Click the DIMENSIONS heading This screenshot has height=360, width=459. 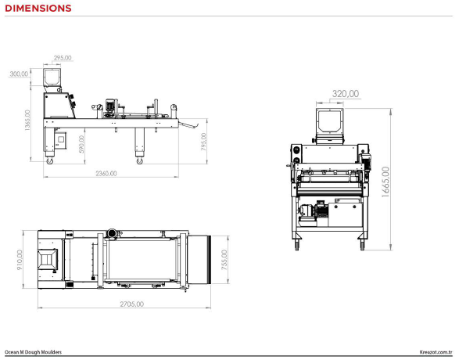point(38,8)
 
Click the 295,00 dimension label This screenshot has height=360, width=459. point(63,58)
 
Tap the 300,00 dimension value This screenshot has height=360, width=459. point(19,74)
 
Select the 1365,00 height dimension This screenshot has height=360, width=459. point(27,120)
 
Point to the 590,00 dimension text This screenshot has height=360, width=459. point(81,144)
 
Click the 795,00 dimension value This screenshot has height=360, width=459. point(203,142)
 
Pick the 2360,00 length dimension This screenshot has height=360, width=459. point(106,174)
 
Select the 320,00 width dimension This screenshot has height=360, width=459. point(346,94)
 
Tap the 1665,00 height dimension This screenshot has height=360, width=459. point(385,182)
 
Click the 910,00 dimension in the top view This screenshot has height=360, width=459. point(20,260)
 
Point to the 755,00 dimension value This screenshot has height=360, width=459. point(224,260)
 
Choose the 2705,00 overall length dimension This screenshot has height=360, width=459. point(131,304)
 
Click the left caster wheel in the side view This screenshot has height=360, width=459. point(50,160)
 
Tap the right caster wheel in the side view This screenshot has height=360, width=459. point(140,160)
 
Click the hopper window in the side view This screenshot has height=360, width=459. point(52,77)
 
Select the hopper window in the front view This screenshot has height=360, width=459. point(330,121)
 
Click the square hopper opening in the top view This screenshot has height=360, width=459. point(47,259)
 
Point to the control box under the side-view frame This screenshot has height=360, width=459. point(60,140)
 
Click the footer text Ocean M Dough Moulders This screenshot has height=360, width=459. point(33,352)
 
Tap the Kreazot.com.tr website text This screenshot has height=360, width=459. point(436,352)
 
